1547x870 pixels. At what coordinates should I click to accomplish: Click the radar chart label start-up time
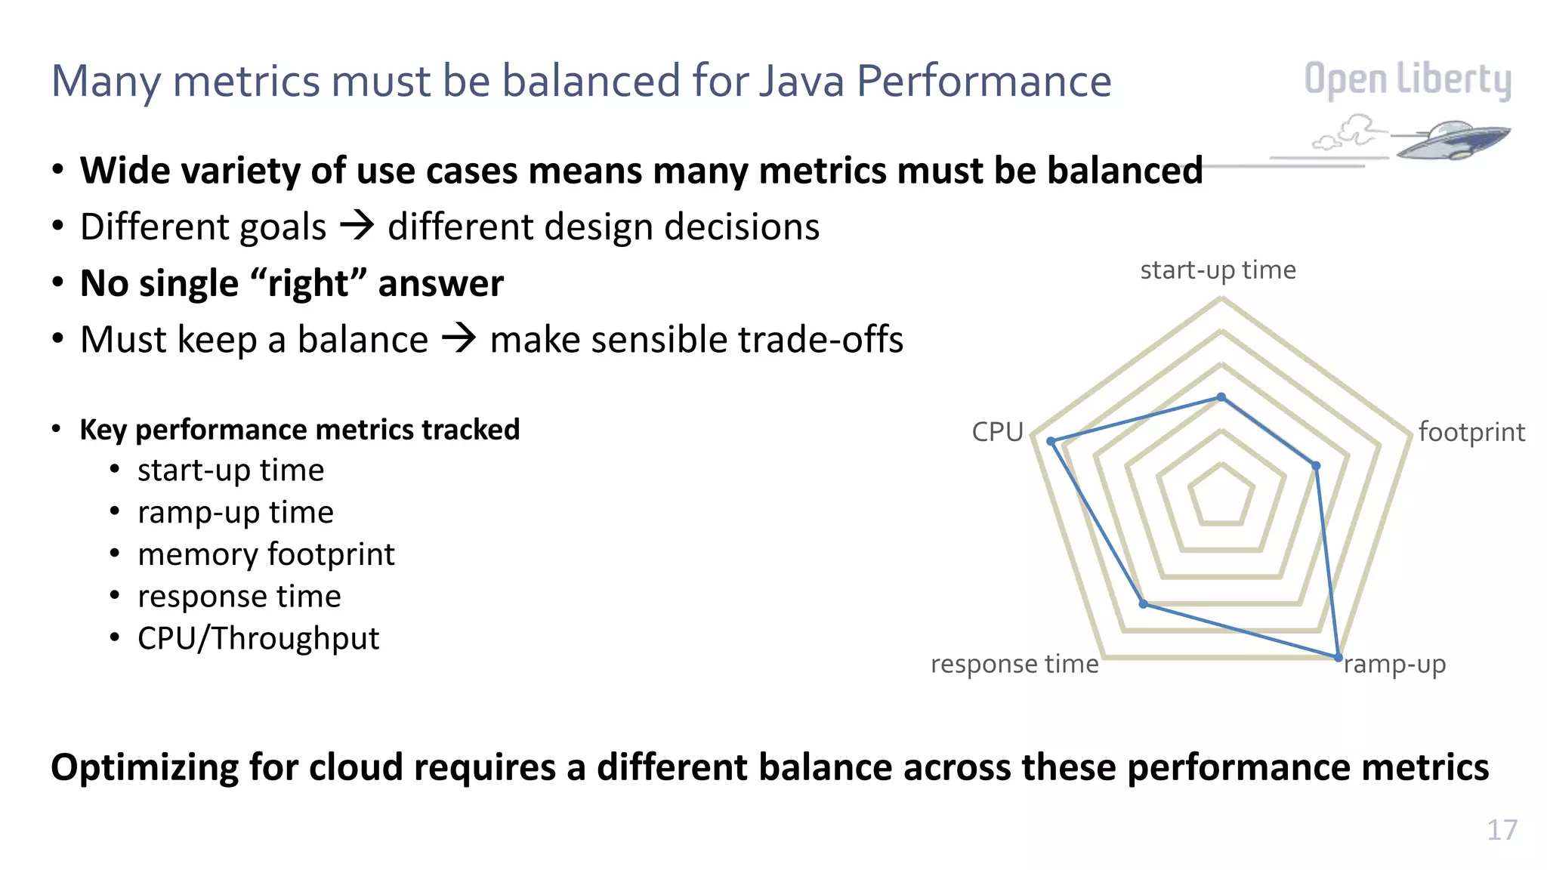[1218, 270]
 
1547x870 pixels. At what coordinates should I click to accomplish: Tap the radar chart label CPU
[997, 432]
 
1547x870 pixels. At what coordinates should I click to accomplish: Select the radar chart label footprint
[1471, 432]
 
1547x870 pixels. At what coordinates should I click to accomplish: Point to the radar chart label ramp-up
[1394, 665]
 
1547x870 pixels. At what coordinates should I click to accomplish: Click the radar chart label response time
[1014, 665]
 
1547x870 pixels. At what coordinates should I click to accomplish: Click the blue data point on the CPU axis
[1051, 441]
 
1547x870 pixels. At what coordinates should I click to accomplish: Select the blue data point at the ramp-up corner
[1338, 657]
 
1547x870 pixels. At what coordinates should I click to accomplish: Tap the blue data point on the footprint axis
[1316, 467]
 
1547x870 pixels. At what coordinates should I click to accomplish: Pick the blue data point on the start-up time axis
[1221, 397]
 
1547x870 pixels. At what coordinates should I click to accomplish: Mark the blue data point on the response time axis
[1144, 604]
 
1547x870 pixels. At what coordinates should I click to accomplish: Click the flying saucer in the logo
[1450, 139]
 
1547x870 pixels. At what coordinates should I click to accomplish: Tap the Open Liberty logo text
[1407, 80]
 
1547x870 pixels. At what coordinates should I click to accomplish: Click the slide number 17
[1502, 830]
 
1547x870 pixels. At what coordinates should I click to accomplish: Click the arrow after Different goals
[357, 226]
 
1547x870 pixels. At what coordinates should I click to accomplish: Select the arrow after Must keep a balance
[459, 338]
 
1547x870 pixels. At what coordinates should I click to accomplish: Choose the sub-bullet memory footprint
[266, 554]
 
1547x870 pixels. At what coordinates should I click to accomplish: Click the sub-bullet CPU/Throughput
[258, 639]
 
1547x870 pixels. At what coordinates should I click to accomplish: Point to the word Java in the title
[801, 81]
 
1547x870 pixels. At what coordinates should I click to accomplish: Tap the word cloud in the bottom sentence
[357, 767]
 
